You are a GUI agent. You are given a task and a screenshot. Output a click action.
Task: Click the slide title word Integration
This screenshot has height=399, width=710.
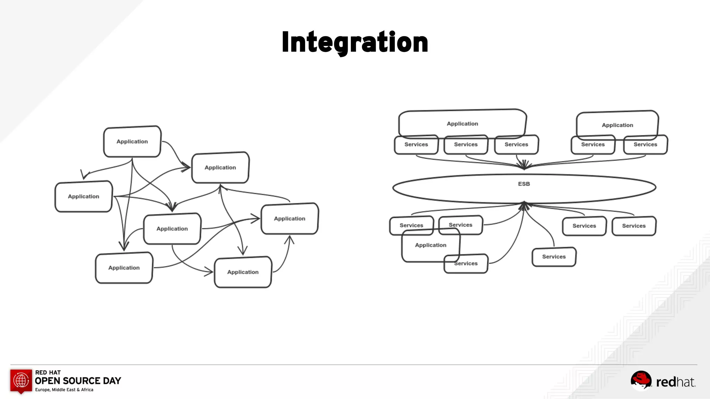click(355, 42)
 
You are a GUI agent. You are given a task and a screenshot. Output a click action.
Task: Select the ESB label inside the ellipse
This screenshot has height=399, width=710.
click(524, 184)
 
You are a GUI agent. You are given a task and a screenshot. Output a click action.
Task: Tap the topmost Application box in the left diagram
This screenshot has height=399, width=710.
click(132, 142)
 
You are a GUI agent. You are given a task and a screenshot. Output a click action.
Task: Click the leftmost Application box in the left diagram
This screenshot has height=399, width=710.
click(84, 196)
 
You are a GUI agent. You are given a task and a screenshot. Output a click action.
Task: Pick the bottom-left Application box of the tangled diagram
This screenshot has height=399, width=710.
click(124, 268)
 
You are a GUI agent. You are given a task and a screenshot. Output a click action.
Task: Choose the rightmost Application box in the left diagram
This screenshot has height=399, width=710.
click(289, 219)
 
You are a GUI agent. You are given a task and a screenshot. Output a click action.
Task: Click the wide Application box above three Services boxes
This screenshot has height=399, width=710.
click(462, 123)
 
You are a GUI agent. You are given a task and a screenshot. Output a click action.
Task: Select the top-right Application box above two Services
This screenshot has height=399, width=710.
click(617, 125)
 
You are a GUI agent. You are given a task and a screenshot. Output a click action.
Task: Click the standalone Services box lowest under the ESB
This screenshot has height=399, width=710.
click(554, 257)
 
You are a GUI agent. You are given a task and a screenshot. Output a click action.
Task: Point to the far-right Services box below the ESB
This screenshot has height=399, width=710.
click(633, 226)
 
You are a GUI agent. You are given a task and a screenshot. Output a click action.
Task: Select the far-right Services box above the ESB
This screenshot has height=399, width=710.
click(645, 145)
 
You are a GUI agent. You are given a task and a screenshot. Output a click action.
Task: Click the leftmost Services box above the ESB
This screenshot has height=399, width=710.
click(416, 145)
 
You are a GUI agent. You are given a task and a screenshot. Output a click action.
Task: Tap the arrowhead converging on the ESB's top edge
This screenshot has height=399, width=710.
click(524, 167)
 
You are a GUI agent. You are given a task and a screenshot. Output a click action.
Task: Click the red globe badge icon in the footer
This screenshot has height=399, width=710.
click(21, 381)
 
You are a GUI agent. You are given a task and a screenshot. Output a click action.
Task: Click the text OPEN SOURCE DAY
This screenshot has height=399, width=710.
click(78, 381)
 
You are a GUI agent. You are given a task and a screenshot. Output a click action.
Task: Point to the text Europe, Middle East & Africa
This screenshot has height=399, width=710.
click(64, 390)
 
